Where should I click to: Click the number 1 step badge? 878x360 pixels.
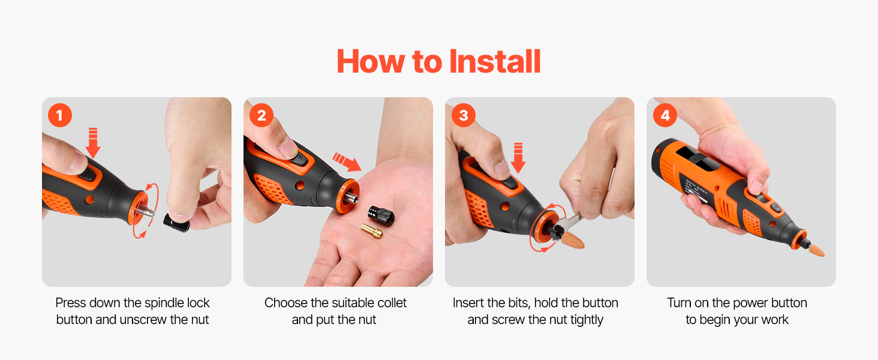pyautogui.click(x=59, y=115)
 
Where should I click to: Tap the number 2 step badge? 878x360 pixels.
pyautogui.click(x=261, y=115)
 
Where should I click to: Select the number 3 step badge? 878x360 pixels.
pyautogui.click(x=464, y=115)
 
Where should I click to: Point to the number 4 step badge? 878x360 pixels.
pyautogui.click(x=665, y=115)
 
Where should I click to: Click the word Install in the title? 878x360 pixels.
pyautogui.click(x=495, y=62)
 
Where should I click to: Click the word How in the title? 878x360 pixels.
pyautogui.click(x=371, y=62)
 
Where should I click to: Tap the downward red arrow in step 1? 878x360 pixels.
pyautogui.click(x=93, y=142)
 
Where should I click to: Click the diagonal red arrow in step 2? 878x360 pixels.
pyautogui.click(x=347, y=162)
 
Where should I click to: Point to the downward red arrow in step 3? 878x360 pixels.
pyautogui.click(x=518, y=158)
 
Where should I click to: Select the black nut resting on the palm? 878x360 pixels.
pyautogui.click(x=381, y=216)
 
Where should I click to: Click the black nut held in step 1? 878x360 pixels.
pyautogui.click(x=177, y=222)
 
